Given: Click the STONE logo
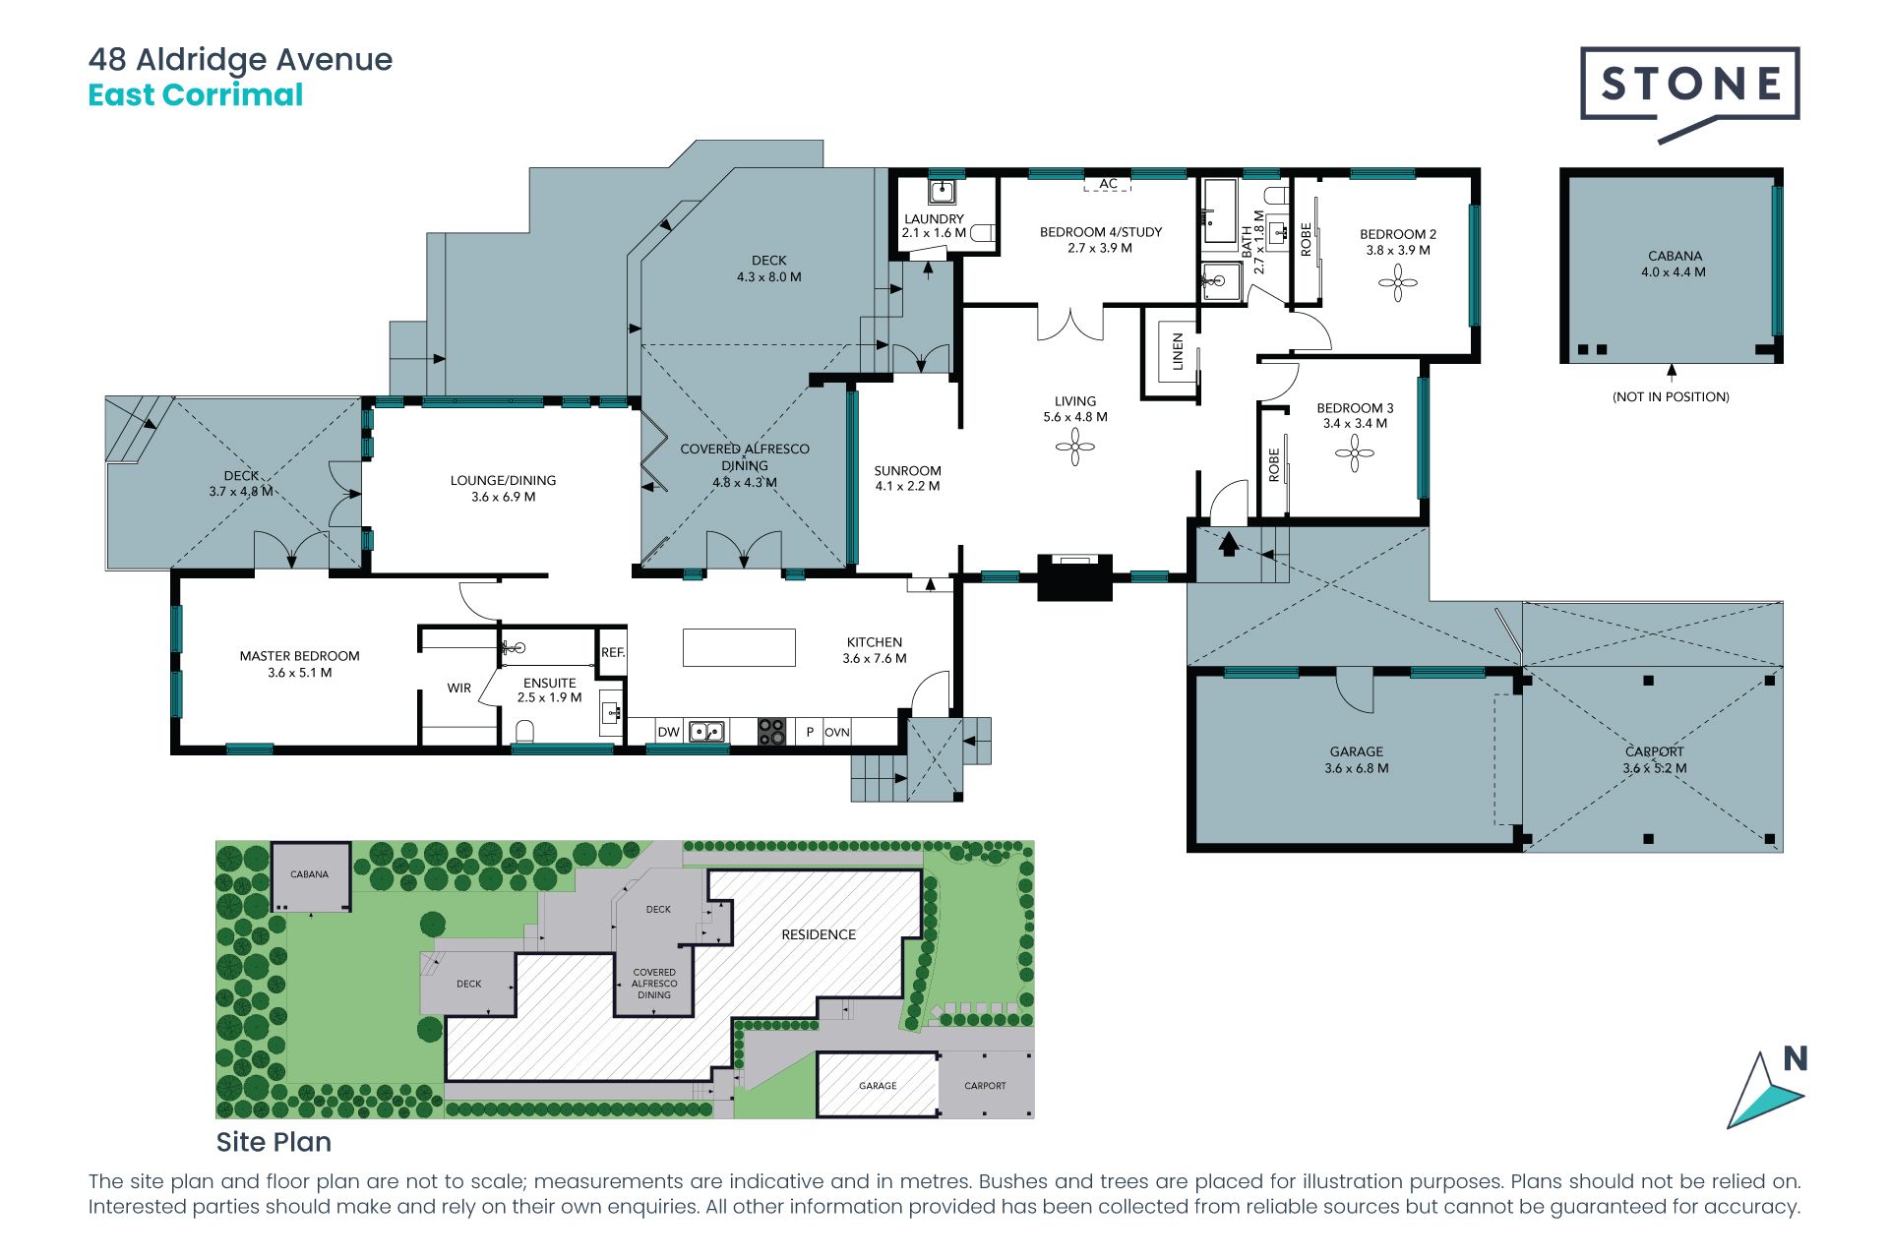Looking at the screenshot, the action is tap(1689, 93).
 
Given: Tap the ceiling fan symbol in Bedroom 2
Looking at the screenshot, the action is tap(1397, 284).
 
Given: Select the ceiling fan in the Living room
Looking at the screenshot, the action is tap(1074, 449).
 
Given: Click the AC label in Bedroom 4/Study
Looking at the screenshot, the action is tap(1108, 184).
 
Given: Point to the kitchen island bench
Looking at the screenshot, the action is tap(739, 648).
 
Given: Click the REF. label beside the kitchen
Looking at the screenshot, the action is tap(613, 652).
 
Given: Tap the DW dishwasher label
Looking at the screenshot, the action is tap(669, 732).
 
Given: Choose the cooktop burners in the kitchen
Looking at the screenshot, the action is tap(771, 731).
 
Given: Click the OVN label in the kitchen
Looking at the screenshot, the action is tap(836, 732).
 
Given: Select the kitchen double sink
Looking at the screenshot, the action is tap(706, 732).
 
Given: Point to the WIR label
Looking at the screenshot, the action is tap(459, 689).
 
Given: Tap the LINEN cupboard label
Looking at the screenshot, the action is tap(1178, 351).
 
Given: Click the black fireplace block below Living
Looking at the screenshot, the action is tap(1074, 577).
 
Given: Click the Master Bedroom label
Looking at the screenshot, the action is tap(300, 656).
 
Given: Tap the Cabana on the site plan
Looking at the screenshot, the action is tap(310, 876).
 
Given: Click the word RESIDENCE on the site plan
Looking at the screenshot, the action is tap(819, 934).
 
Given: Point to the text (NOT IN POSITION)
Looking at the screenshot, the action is tap(1671, 397).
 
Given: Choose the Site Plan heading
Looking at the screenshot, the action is tap(274, 1142).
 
